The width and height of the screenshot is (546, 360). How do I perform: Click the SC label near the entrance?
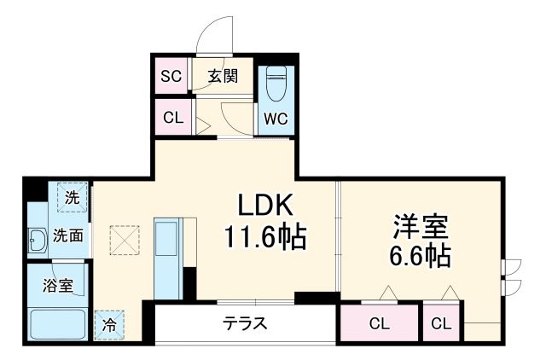coord(171,75)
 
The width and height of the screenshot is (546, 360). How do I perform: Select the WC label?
coord(275,118)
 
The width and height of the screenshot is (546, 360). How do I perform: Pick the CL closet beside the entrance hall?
coord(173,118)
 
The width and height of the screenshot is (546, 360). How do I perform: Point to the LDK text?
coord(264,207)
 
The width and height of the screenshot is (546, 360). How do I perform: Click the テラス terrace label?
coord(246,323)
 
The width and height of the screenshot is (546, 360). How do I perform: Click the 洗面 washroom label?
coord(67,235)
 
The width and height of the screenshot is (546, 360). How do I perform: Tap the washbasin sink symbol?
coord(38,241)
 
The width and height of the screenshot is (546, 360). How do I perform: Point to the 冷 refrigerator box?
coord(109,323)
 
